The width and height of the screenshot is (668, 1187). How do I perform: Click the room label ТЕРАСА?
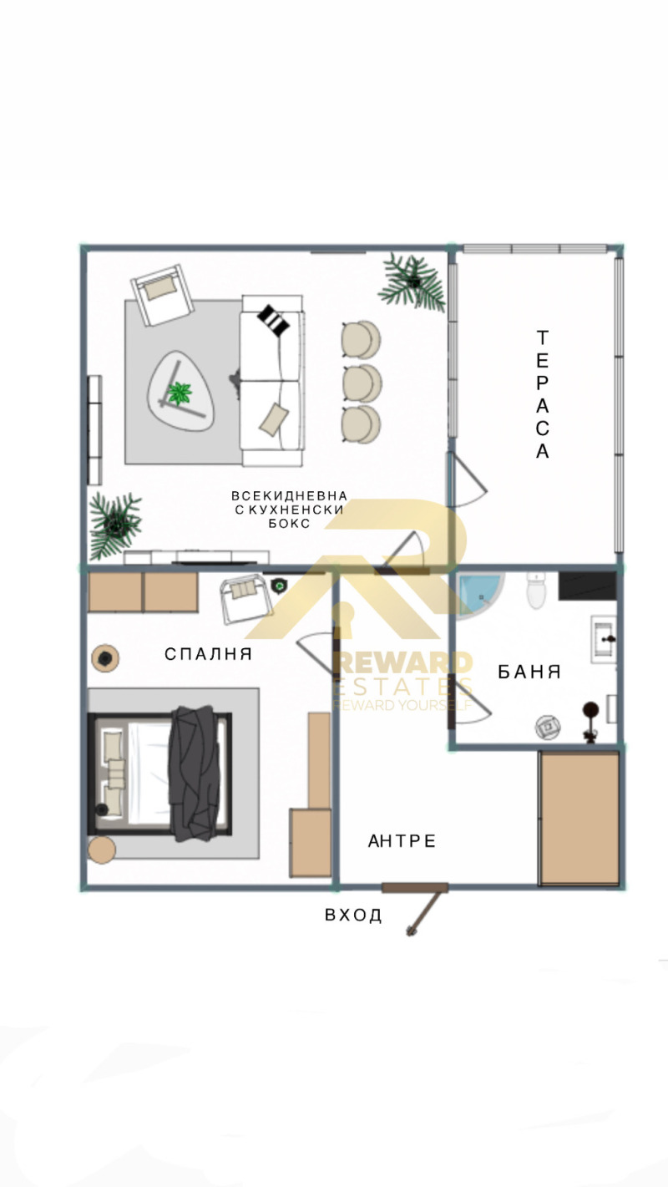click(543, 394)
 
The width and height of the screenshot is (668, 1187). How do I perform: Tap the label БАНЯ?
click(529, 672)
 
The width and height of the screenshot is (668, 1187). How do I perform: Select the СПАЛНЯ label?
click(208, 654)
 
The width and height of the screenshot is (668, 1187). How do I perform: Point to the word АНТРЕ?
click(402, 840)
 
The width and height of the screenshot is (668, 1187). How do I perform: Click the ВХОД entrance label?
click(353, 916)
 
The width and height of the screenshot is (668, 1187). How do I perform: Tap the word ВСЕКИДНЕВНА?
click(289, 495)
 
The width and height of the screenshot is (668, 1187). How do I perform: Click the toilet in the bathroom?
click(535, 590)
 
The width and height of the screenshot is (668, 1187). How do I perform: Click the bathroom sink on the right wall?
click(604, 639)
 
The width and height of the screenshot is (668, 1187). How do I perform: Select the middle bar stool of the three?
click(362, 383)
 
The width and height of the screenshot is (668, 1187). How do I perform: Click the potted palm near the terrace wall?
click(412, 282)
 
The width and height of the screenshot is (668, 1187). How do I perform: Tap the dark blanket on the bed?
click(198, 772)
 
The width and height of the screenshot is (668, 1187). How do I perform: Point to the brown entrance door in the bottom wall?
click(415, 887)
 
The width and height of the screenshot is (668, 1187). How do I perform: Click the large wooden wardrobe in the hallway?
click(579, 817)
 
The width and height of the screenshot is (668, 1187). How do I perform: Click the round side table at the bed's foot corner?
click(102, 850)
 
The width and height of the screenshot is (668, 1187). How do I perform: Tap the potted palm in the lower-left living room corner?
click(114, 525)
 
